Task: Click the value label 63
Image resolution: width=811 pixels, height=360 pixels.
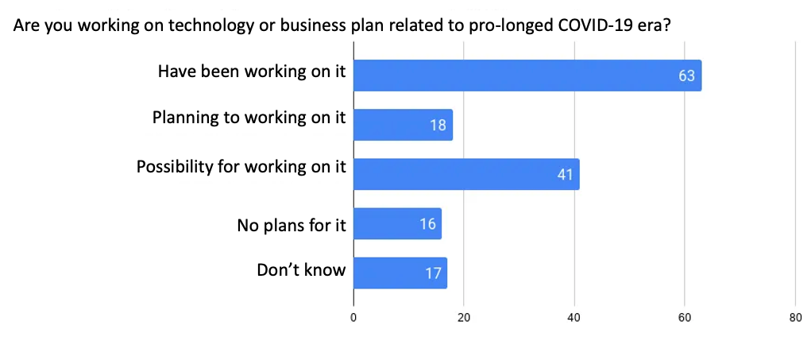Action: [686, 76]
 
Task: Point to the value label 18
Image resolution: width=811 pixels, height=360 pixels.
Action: [438, 126]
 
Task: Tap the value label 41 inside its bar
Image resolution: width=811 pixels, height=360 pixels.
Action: [565, 175]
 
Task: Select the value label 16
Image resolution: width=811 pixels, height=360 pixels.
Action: [427, 224]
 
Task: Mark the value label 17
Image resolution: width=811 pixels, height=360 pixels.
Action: [433, 273]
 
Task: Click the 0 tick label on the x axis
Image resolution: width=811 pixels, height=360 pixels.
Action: [353, 317]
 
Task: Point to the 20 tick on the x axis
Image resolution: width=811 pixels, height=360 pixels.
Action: [464, 317]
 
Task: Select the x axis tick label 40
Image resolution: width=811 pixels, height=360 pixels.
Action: [574, 317]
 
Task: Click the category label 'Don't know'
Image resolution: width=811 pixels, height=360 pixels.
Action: [301, 270]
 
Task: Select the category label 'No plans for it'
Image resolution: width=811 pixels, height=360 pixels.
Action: [292, 225]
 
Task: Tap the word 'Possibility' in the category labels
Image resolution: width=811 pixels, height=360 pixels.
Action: [175, 168]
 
